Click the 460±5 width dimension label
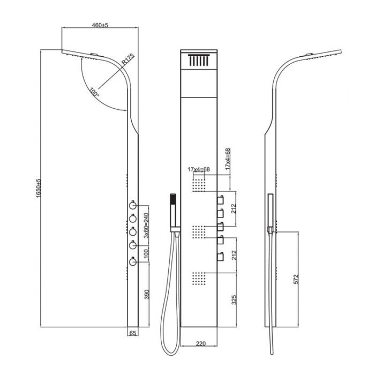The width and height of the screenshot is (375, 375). pos(100,25)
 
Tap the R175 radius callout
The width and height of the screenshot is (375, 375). pos(127,59)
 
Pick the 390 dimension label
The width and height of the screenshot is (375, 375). pos(146,295)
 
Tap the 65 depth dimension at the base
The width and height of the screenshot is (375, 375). pos(133,333)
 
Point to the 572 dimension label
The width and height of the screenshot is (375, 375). pos(296,279)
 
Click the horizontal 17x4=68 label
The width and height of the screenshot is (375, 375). pos(198,169)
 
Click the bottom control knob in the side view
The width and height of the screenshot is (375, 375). pos(132,261)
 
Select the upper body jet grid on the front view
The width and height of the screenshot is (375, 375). pos(199,185)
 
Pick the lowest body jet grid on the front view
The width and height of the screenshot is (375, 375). pos(199,278)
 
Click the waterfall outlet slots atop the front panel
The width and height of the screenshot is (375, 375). pos(199,61)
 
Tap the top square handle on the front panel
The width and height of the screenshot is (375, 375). pos(219,200)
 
